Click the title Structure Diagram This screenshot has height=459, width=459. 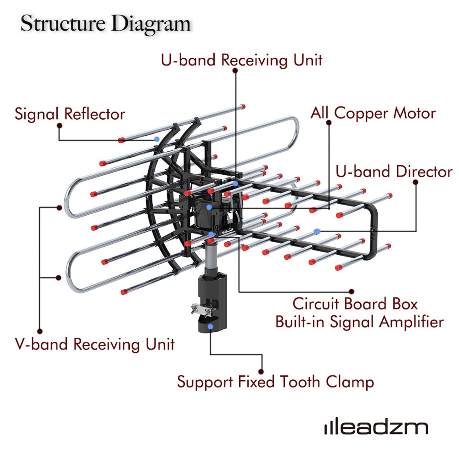pos(105,24)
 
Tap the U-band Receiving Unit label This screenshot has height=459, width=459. pos(241,60)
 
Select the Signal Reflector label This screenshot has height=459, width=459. pos(70,114)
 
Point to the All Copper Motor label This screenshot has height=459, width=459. pos(373,113)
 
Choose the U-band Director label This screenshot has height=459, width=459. pos(394,172)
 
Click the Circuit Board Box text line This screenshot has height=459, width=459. pos(355,304)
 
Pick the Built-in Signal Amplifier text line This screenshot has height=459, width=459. pos(359,322)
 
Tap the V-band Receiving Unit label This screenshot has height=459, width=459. pos(95,344)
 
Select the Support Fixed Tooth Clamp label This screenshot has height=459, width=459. pos(275,382)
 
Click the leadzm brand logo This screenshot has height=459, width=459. pos(376,427)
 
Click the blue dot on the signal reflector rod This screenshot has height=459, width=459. pos(157,139)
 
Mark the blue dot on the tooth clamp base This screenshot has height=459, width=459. pos(211,326)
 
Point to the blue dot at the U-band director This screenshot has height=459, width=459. pos(317,231)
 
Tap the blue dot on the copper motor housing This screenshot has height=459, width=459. pos(209,207)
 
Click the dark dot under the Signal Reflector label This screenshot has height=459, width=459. pos(60,126)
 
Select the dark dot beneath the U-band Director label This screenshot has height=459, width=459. pos(415,182)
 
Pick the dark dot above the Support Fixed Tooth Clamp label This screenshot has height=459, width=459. pos(261,372)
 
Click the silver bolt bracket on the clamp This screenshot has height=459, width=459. pos(203,309)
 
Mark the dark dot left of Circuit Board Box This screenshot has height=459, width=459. pos(352,292)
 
